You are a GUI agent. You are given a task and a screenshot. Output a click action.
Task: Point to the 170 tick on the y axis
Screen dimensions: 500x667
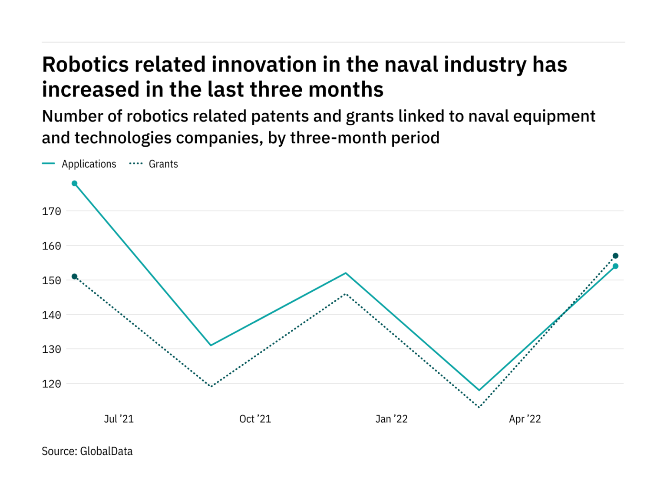[51, 211]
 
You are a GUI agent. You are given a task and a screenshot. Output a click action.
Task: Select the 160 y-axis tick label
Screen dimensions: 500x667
[51, 246]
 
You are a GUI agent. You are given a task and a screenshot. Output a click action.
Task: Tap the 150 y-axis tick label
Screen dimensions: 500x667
[51, 280]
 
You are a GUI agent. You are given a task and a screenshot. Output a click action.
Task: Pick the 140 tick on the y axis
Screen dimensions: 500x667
[51, 315]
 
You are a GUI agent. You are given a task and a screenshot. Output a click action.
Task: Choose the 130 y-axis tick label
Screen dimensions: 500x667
[51, 349]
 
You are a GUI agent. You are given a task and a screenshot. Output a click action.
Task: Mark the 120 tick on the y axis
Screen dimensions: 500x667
[51, 384]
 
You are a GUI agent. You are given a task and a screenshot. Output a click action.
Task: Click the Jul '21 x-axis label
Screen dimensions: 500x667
[119, 419]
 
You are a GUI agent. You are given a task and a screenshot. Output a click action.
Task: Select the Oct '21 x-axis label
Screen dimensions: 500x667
[255, 419]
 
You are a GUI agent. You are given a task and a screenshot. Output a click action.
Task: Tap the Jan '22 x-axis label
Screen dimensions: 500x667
[391, 419]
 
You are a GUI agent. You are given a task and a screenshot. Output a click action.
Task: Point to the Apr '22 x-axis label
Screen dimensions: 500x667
[525, 419]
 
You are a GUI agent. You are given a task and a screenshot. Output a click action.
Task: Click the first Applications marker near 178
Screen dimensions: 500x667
[75, 184]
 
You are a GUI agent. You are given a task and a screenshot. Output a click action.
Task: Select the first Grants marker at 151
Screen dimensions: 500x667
[75, 276]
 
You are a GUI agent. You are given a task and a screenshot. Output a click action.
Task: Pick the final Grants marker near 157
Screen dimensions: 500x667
[615, 256]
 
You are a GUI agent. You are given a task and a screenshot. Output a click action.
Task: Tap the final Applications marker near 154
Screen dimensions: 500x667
[615, 266]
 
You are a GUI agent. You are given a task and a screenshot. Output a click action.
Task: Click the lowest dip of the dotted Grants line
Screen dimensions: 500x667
[479, 407]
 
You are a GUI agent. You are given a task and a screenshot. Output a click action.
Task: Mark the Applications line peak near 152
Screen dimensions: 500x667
[346, 273]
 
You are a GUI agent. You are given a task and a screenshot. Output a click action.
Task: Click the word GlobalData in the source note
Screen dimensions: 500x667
[106, 451]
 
